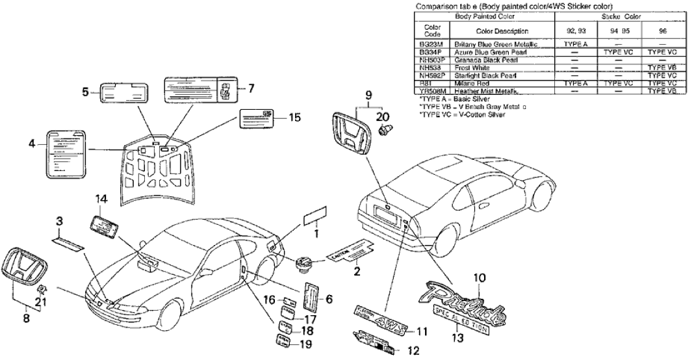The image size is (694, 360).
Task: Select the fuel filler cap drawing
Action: pos(303,264)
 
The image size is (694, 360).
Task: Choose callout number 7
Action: pos(252,87)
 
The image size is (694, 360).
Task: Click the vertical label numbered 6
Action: pos(310,298)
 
